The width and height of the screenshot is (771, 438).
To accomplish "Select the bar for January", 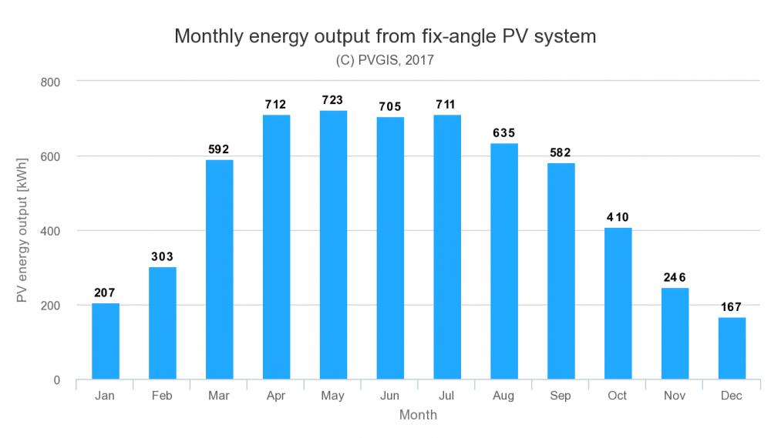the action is pos(105,341).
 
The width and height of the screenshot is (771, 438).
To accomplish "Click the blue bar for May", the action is pos(333,245).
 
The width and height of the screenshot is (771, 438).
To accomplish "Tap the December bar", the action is pos(732,348).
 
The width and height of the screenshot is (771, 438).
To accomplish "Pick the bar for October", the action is pos(618,303).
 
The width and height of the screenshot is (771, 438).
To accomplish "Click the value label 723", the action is pos(332,100).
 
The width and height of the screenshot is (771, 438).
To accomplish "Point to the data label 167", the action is pos(731,307).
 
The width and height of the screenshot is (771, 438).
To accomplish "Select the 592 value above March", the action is pos(219,149).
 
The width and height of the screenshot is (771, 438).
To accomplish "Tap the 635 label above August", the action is pos(504,133).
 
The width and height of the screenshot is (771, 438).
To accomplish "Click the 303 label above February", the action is pos(162,257).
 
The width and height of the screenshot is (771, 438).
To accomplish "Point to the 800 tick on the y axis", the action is pos(50,82).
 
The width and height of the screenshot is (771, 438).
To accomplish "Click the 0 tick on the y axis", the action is pos(57,380).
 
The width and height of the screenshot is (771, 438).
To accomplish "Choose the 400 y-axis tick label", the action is pos(50,231).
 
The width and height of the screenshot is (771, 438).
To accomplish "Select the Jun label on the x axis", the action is pos(390,396).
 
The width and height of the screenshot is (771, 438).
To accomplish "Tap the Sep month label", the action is pos(561,396).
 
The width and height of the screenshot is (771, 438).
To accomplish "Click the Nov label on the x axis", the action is pos(675,396).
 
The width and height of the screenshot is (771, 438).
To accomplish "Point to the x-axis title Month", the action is pos(418,415).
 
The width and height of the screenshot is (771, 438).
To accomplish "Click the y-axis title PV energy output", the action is pos(22,230).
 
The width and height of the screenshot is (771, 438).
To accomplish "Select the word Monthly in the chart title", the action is pos(208,37).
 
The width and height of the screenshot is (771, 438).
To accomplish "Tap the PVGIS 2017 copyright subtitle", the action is pos(385,60).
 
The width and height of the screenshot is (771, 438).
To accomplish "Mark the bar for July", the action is pos(447,247).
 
